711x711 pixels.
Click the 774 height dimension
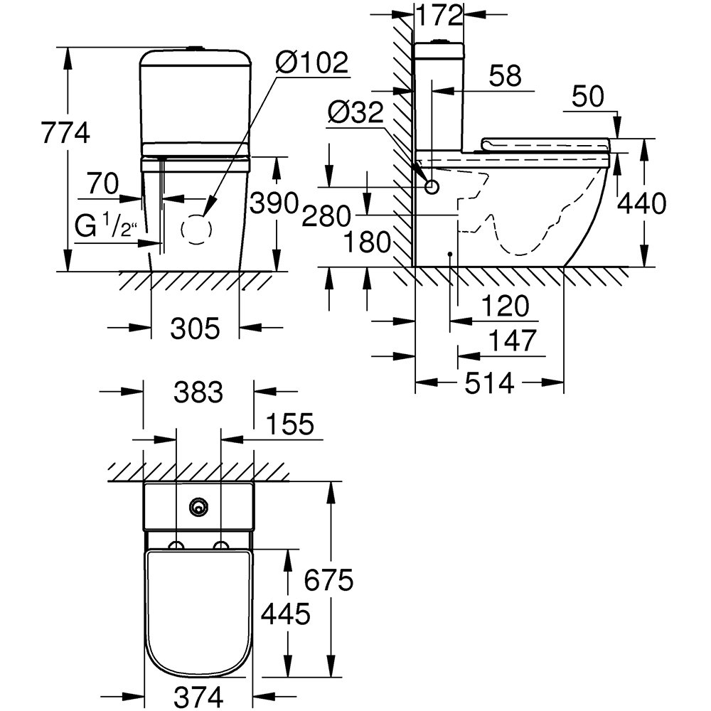[x=65, y=133]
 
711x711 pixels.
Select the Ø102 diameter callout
[x=312, y=63]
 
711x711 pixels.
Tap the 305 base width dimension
[x=195, y=328]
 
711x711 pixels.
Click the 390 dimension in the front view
[x=272, y=205]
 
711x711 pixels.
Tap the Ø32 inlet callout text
[x=355, y=112]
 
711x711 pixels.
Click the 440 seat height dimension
[x=641, y=205]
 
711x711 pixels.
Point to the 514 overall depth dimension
[x=489, y=383]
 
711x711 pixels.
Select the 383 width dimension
[x=200, y=391]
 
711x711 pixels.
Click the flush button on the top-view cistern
[x=198, y=506]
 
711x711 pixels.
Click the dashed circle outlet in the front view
[x=196, y=230]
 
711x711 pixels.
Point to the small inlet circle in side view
[x=432, y=187]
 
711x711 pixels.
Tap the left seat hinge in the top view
[x=176, y=546]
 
